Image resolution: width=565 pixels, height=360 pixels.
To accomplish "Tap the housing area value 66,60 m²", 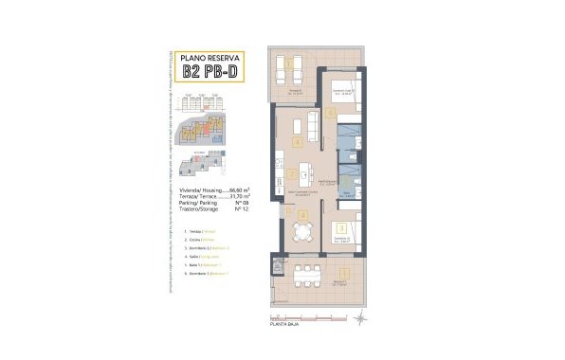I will point(224,189).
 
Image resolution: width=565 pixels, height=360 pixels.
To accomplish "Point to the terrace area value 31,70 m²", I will point(224,196).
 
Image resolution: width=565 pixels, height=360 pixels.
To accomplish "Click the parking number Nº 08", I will point(228,203).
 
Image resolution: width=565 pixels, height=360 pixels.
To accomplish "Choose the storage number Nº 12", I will point(228,209).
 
